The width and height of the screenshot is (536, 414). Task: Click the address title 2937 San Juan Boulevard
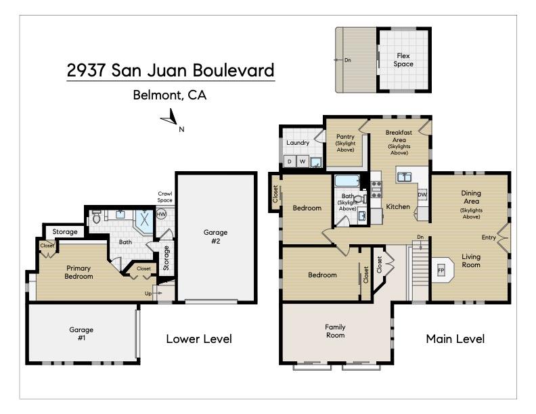pos(171,70)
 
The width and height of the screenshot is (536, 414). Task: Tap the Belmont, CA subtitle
pos(170,95)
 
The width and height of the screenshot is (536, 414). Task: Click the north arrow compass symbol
pos(169,121)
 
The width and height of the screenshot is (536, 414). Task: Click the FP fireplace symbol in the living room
pos(441,270)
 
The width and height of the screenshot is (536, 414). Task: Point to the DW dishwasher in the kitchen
pos(422,195)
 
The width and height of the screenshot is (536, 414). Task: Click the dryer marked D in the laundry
pos(290,162)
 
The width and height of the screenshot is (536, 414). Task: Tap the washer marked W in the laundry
pos(303,162)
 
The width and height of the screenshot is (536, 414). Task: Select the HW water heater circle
pos(161,214)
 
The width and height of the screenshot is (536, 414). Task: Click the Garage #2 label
pos(216,236)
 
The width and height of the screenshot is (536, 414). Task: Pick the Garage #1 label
pos(81,333)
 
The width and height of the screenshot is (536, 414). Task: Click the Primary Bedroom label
pos(78,272)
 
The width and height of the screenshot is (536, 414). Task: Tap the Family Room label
pos(335,331)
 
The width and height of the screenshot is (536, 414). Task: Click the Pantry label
pos(345,137)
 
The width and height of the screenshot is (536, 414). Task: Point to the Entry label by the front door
pos(488,237)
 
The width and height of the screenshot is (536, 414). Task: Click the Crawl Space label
pos(165,197)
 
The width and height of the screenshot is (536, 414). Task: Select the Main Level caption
pos(455,339)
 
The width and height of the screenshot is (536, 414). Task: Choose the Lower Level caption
pos(199,339)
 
